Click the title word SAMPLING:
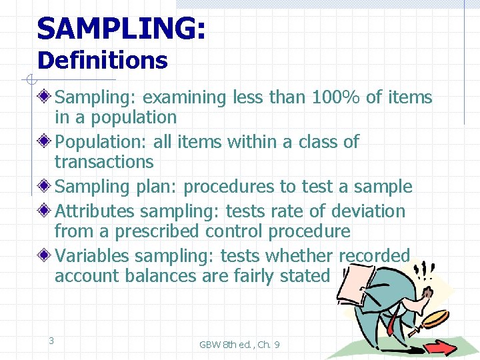click(121, 29)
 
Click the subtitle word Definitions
click(102, 61)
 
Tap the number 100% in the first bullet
click(335, 97)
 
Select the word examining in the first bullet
click(185, 98)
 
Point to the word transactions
click(104, 162)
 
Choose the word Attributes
click(94, 211)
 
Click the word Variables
click(92, 256)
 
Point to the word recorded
click(374, 256)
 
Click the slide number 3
click(51, 341)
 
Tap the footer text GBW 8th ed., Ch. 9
click(239, 345)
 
